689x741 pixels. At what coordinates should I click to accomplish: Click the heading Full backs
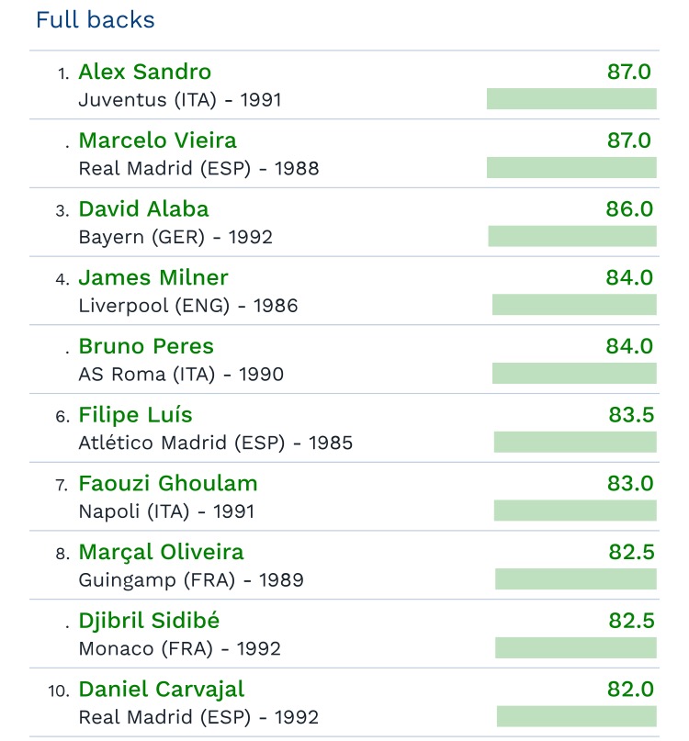[x=96, y=19]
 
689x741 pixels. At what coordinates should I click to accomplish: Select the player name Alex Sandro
[x=145, y=72]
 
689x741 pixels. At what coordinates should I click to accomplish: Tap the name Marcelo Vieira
[x=158, y=140]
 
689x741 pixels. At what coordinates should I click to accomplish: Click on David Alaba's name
[x=144, y=209]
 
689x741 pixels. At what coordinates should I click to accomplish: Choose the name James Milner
[x=153, y=277]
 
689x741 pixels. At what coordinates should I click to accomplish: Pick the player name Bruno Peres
[x=146, y=346]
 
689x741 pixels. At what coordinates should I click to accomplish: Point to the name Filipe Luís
[x=136, y=415]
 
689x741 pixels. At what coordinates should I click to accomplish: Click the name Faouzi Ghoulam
[x=168, y=483]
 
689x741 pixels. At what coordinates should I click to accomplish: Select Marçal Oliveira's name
[x=162, y=552]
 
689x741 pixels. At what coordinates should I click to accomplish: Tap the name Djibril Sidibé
[x=150, y=621]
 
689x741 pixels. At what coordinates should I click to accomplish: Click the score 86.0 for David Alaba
[x=629, y=209]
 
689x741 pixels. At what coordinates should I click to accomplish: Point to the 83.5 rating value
[x=631, y=415]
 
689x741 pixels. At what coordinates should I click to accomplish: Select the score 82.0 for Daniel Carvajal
[x=630, y=690]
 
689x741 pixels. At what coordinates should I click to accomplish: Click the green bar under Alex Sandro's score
[x=571, y=99]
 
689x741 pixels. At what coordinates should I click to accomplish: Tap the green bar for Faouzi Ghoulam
[x=575, y=511]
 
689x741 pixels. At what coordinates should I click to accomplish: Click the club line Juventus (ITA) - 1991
[x=180, y=100]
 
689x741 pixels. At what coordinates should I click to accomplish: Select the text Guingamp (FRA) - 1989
[x=191, y=580]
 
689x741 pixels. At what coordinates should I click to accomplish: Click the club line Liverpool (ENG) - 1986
[x=188, y=306]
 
